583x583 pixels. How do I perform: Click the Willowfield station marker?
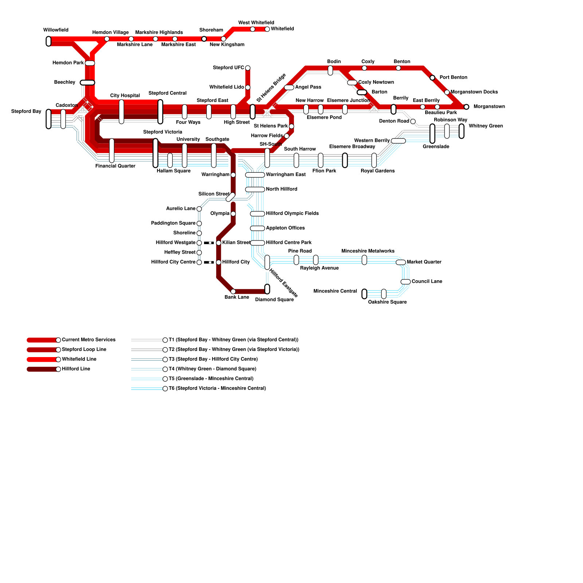coord(48,41)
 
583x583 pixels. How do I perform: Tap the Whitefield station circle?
coord(267,29)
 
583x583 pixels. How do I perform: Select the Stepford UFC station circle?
coord(248,68)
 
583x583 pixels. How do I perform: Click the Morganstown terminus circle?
coord(466,107)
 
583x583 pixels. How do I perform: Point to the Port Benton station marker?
coord(433,78)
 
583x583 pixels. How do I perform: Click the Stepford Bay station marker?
coord(48,119)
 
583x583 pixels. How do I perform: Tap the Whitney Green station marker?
coord(462,131)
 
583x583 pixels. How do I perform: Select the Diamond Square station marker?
coord(267,289)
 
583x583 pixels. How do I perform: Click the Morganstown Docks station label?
coord(474,92)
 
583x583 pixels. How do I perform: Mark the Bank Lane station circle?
coord(233,291)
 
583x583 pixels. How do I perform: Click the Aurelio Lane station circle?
coord(199,209)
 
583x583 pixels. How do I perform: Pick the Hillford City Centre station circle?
coord(199,262)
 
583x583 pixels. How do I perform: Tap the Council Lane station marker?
coord(406,282)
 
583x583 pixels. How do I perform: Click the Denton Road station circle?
coord(413,121)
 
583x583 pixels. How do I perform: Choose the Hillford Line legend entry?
coord(44,369)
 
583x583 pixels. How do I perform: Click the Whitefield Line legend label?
coord(79,359)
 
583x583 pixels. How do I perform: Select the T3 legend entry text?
coord(213,359)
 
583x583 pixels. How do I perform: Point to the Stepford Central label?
coord(168,93)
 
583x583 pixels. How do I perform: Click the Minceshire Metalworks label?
coord(368,251)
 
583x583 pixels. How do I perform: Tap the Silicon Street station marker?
coord(230,197)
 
